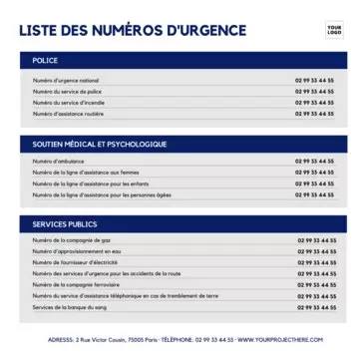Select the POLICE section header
coord(46,62)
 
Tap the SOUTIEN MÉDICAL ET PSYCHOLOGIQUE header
coord(100,144)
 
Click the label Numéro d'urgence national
coord(66,80)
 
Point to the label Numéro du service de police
coord(67,91)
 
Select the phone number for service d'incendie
coord(315,102)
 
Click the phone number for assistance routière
coord(315,113)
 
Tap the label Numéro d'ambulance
coord(57,161)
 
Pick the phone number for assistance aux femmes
coord(315,172)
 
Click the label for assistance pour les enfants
coord(91,183)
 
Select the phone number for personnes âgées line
coord(315,194)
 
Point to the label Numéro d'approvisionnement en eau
coord(77,251)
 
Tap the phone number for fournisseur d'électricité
coord(316,262)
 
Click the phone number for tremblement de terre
coord(316,296)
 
